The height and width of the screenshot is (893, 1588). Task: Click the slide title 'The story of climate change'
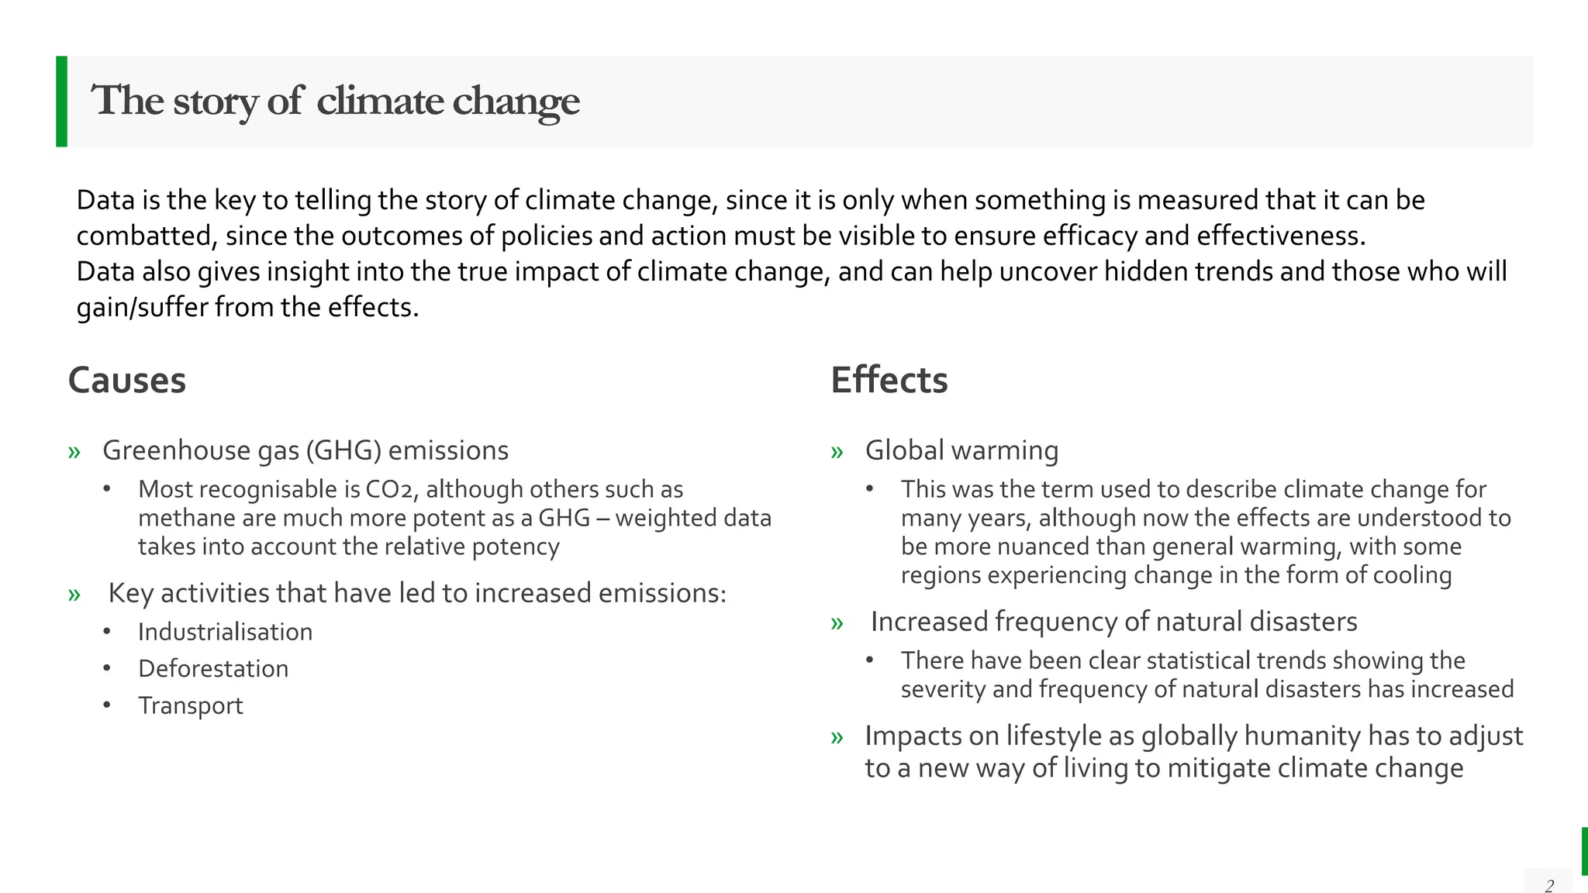pyautogui.click(x=335, y=101)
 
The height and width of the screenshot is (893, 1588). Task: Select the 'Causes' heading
pyautogui.click(x=127, y=381)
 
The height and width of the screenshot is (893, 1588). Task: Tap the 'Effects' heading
pyautogui.click(x=889, y=381)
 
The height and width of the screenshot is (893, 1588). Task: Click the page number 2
pyautogui.click(x=1549, y=885)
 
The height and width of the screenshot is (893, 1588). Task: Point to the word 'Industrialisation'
pyautogui.click(x=225, y=632)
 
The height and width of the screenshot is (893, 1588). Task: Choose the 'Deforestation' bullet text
pyautogui.click(x=213, y=668)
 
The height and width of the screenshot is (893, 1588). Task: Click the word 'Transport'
pyautogui.click(x=191, y=705)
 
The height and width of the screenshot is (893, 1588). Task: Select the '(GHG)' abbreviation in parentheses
pyautogui.click(x=343, y=450)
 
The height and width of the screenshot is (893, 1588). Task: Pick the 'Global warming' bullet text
pyautogui.click(x=961, y=450)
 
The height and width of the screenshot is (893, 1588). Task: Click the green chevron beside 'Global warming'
pyautogui.click(x=837, y=452)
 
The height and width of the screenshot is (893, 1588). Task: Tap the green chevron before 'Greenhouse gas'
pyautogui.click(x=74, y=452)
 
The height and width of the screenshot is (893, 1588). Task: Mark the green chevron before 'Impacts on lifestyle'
pyautogui.click(x=837, y=737)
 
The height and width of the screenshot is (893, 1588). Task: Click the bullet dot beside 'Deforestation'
pyautogui.click(x=107, y=668)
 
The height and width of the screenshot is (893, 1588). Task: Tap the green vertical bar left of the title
pyautogui.click(x=62, y=101)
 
